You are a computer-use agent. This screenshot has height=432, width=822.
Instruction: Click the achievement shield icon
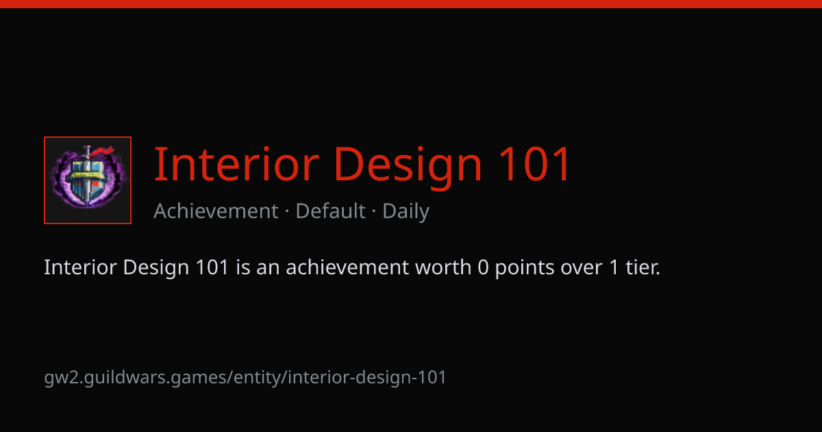coord(88,180)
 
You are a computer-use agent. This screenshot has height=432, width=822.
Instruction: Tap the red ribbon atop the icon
coord(101,152)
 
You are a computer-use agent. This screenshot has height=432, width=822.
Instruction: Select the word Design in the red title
coord(408,167)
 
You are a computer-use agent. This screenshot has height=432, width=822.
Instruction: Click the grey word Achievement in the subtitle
coord(216,211)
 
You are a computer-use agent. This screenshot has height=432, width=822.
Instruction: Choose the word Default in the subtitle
coord(330,211)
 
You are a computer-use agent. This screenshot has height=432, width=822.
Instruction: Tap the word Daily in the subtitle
coord(406,212)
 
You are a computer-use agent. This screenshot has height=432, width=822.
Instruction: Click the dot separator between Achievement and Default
coord(287,212)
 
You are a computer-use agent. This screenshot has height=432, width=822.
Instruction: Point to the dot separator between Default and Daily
coord(374,212)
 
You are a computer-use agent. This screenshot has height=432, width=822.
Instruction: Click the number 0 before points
coord(484,267)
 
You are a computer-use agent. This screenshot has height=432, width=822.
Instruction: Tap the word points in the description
coord(525,268)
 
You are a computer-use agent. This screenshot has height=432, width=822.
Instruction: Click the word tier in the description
coord(643,267)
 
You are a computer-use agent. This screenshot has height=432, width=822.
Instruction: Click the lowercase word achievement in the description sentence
coord(347,267)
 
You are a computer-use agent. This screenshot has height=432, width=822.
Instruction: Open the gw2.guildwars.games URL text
coord(245,378)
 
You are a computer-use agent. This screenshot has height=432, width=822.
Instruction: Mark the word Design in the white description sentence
coord(156,268)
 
